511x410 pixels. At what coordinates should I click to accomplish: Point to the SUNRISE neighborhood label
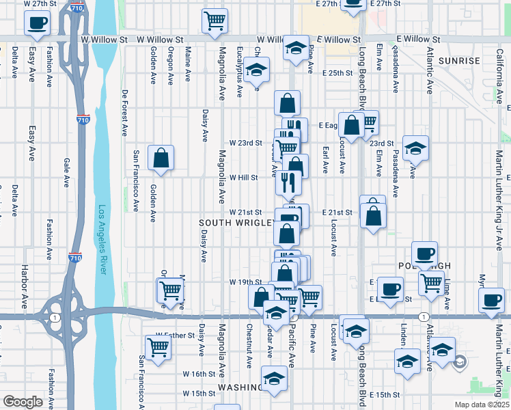(x=461, y=61)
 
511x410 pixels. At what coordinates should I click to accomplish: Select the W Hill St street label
(x=243, y=178)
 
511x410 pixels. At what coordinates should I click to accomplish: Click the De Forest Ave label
(x=124, y=110)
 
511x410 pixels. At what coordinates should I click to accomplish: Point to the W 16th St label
(x=199, y=374)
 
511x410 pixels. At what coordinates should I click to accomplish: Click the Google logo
(x=23, y=402)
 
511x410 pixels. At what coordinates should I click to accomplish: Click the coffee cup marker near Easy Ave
(x=36, y=23)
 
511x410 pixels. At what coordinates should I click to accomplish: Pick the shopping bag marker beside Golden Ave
(x=161, y=157)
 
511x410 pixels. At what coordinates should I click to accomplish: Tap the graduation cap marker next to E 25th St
(x=256, y=70)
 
